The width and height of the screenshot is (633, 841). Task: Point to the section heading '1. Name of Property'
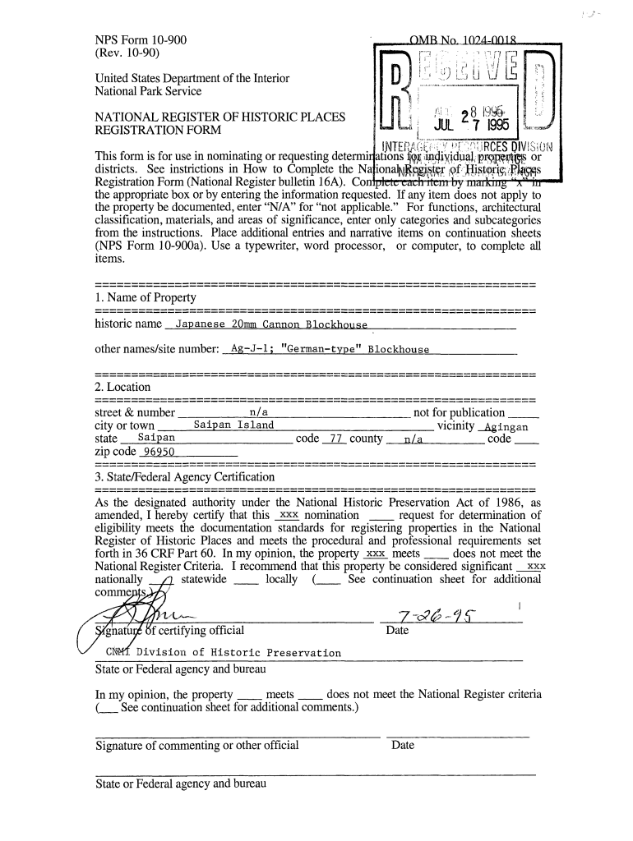(146, 296)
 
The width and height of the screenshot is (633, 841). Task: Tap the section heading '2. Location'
(123, 387)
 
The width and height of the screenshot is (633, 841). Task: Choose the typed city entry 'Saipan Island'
(233, 425)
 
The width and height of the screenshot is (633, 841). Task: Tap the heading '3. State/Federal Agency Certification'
(185, 476)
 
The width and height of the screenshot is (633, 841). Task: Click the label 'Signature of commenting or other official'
(197, 746)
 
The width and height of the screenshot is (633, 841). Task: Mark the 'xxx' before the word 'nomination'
(288, 515)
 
